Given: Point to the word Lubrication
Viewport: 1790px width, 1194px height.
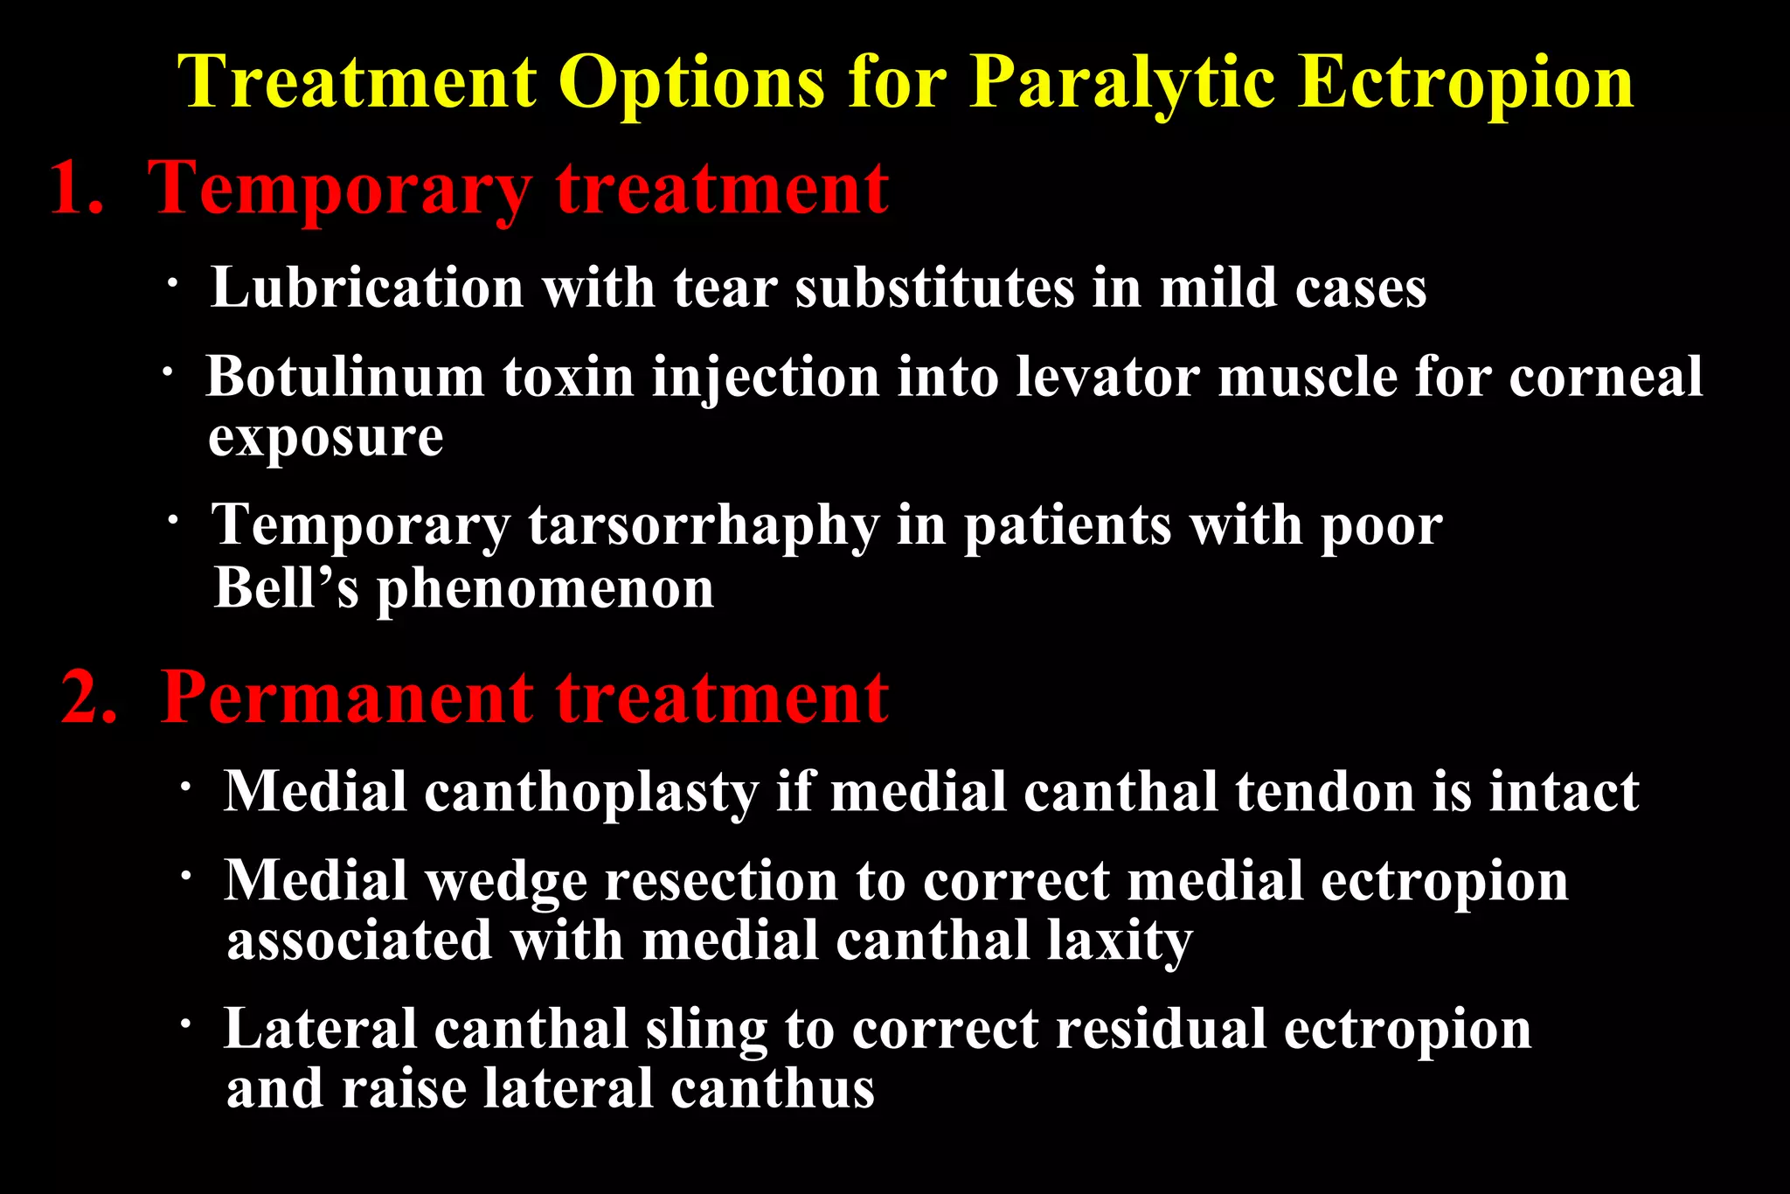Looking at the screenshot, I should click(x=367, y=288).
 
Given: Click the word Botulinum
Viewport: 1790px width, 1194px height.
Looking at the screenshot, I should click(x=344, y=377).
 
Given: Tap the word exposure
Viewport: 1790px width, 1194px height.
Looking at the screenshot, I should click(x=325, y=437).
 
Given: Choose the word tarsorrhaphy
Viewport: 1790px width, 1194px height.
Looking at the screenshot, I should click(x=704, y=526).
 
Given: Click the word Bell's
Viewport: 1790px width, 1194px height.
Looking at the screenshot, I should click(x=287, y=587).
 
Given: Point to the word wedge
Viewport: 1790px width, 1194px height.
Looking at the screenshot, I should click(x=506, y=881).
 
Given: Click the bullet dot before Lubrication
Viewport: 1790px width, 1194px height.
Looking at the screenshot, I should click(x=174, y=282).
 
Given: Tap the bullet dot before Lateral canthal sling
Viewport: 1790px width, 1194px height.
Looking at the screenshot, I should click(x=185, y=1022).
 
